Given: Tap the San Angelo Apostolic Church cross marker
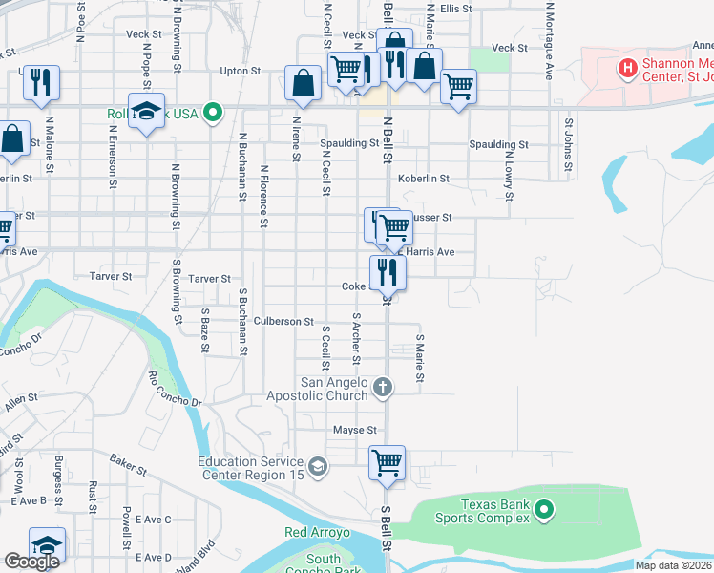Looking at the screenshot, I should pos(382,387).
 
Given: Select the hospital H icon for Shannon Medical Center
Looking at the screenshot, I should pos(627,67).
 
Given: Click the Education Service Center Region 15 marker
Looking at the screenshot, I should pos(318,467).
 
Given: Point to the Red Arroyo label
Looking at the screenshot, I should pos(319,532).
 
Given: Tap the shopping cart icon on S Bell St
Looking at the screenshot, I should pos(388,463).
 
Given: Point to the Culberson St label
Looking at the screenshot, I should pos(283,322).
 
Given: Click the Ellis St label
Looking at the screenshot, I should pos(456,8).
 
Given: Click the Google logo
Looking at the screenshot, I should pos(31,562).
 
